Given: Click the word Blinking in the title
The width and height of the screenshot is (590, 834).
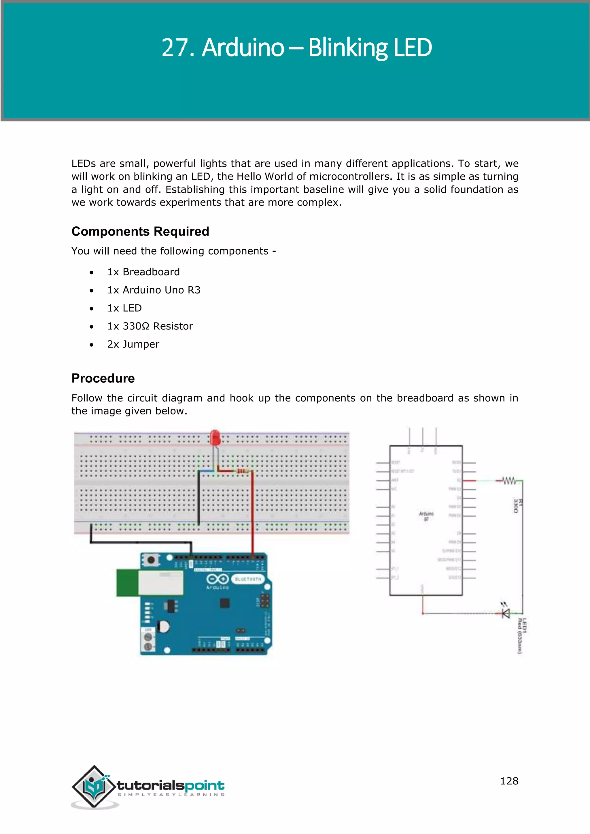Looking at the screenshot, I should point(348,48).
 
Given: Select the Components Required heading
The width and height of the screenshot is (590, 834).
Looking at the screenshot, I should point(140,231).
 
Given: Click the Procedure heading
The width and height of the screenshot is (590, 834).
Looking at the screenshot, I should point(103,378).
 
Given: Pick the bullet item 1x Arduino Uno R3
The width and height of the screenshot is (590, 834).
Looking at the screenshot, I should point(153,290).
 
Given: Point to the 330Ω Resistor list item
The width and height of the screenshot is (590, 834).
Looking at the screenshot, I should point(150,326).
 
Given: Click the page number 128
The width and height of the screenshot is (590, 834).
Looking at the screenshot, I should point(509,781).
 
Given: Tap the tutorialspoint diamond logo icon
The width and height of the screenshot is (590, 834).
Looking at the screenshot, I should point(94,787).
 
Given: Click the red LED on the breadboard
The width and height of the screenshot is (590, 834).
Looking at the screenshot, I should point(215,438).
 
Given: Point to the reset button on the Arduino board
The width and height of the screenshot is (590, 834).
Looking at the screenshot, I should point(151,560).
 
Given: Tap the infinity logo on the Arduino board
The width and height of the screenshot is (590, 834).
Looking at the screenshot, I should point(217,579).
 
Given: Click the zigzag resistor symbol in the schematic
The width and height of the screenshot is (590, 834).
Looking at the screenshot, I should point(509,481).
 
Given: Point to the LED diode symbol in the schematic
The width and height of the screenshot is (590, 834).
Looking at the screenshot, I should point(506,613).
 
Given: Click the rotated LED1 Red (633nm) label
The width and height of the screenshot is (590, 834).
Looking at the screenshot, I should point(522,636).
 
